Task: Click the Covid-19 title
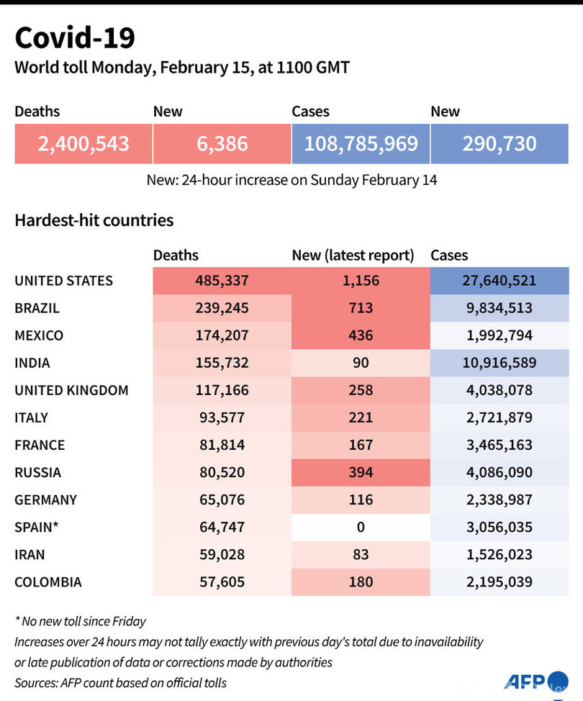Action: [74, 37]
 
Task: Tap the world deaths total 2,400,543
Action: [83, 143]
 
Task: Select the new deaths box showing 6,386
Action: [222, 143]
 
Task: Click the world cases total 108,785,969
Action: [361, 143]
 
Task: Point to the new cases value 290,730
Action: [500, 143]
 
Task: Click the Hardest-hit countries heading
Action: [94, 220]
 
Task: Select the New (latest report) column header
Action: [353, 255]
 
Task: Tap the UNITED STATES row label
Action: [63, 281]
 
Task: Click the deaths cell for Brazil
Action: [222, 308]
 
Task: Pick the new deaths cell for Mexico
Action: [361, 335]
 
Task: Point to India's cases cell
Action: [500, 363]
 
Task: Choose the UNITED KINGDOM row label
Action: [71, 390]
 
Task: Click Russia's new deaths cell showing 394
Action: [361, 472]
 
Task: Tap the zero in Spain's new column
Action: [361, 527]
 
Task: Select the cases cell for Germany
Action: [500, 499]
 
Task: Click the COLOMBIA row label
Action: [48, 582]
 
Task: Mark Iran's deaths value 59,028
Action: [222, 554]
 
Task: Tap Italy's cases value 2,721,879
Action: [500, 417]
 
